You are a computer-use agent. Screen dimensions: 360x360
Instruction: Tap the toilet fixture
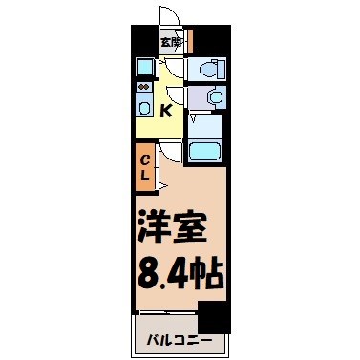(x=208, y=70)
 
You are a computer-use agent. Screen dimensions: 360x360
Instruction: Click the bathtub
(x=206, y=150)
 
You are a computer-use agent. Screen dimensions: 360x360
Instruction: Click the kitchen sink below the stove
(x=143, y=107)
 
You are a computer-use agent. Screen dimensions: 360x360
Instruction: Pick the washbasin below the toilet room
(x=212, y=96)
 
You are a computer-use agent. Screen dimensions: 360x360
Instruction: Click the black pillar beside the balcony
(x=211, y=316)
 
